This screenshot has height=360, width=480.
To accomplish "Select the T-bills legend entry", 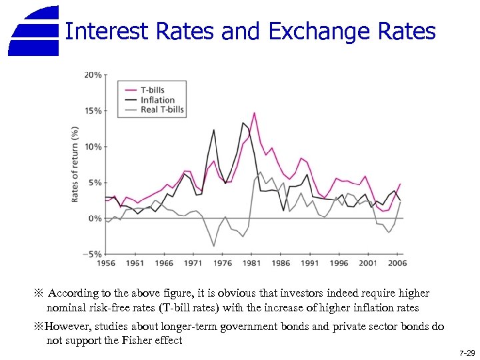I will pyautogui.click(x=152, y=90).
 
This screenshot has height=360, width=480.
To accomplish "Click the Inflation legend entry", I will pyautogui.click(x=157, y=100).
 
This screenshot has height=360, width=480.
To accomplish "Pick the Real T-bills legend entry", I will pyautogui.click(x=162, y=110).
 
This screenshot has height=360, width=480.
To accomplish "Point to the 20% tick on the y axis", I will pyautogui.click(x=93, y=75).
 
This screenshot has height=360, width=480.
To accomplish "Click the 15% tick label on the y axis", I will pyautogui.click(x=93, y=111).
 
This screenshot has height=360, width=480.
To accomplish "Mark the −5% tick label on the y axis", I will pyautogui.click(x=92, y=254).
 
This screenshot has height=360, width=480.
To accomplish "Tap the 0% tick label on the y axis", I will pyautogui.click(x=95, y=219).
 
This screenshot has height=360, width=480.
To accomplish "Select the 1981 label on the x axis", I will pyautogui.click(x=251, y=263).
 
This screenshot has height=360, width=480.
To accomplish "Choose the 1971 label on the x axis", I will pyautogui.click(x=193, y=263).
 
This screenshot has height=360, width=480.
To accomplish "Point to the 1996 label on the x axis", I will pyautogui.click(x=338, y=263).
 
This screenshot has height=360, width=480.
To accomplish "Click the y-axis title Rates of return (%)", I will pyautogui.click(x=75, y=163).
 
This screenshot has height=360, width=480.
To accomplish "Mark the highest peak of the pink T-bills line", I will pyautogui.click(x=254, y=113).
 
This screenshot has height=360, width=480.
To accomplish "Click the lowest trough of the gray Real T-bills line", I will pyautogui.click(x=214, y=246).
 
